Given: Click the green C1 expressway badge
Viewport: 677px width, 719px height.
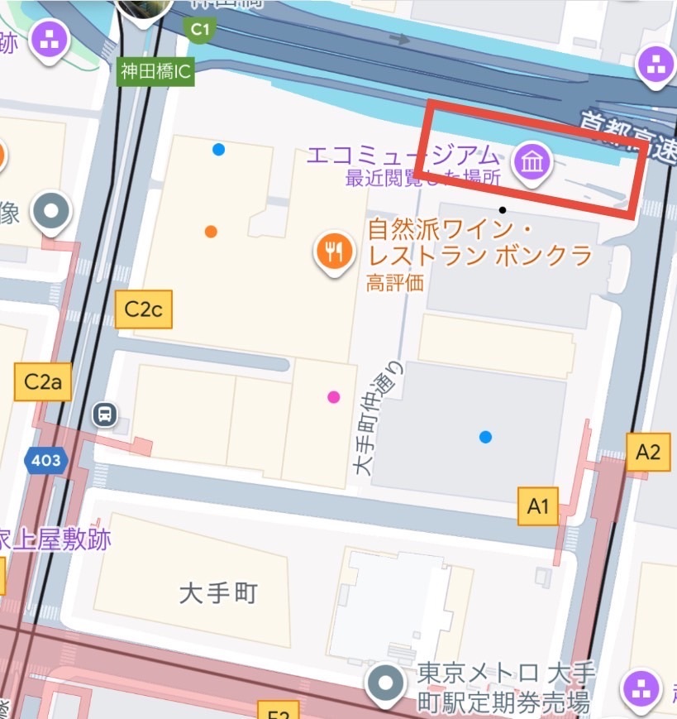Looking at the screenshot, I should pyautogui.click(x=200, y=31).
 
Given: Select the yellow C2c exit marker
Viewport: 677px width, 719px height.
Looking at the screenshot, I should pyautogui.click(x=144, y=309).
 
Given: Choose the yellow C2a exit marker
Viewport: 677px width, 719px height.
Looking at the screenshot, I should pyautogui.click(x=43, y=381).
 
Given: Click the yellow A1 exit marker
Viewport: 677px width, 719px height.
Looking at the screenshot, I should pyautogui.click(x=538, y=506).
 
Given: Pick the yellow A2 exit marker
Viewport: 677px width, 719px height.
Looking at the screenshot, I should pyautogui.click(x=648, y=452).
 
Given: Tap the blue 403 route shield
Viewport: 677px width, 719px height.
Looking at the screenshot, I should pyautogui.click(x=45, y=460).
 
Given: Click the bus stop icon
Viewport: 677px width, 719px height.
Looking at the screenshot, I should pyautogui.click(x=105, y=413).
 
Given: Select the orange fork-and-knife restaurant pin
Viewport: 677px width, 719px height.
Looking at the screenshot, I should pyautogui.click(x=334, y=252).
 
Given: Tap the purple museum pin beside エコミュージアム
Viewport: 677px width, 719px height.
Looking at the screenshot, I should pyautogui.click(x=532, y=161).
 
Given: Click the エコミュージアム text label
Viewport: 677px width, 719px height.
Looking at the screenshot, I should pyautogui.click(x=403, y=156).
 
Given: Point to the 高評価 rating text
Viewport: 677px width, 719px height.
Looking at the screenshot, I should pyautogui.click(x=395, y=282).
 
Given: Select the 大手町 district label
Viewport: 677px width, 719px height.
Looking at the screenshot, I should pyautogui.click(x=219, y=592).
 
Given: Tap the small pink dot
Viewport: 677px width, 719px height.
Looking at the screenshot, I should pyautogui.click(x=334, y=396).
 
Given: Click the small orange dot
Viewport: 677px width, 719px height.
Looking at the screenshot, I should pyautogui.click(x=211, y=232).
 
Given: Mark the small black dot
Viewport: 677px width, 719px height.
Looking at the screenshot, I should pyautogui.click(x=503, y=210).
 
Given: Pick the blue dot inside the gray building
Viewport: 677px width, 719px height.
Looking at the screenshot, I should pyautogui.click(x=485, y=436).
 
